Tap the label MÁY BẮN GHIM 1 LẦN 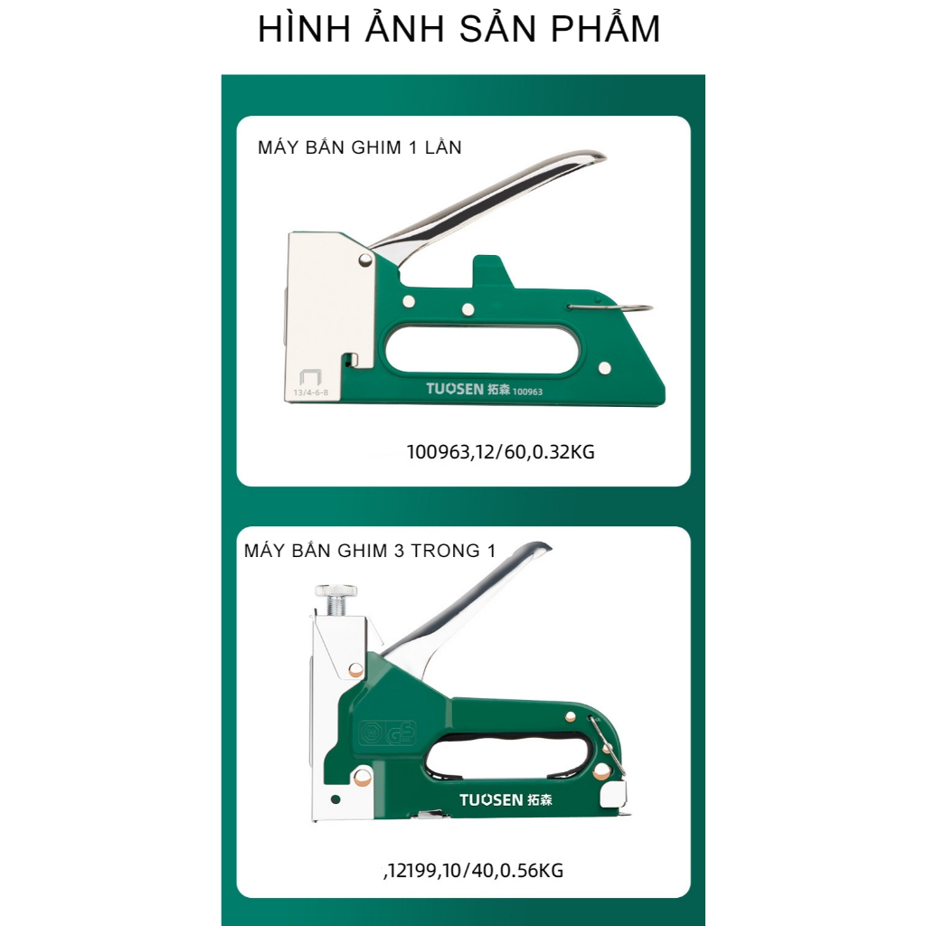[x=360, y=146]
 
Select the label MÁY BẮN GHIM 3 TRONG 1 [x=370, y=550]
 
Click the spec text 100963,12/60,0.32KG [x=501, y=452]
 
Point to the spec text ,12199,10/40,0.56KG [x=474, y=870]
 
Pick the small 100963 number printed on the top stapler [x=527, y=392]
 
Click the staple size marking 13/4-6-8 [x=311, y=392]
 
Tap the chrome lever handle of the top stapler [x=490, y=201]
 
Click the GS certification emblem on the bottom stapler [x=388, y=733]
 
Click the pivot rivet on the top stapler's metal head [x=365, y=260]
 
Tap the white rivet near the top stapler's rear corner [x=604, y=369]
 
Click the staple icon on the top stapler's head [x=310, y=378]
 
